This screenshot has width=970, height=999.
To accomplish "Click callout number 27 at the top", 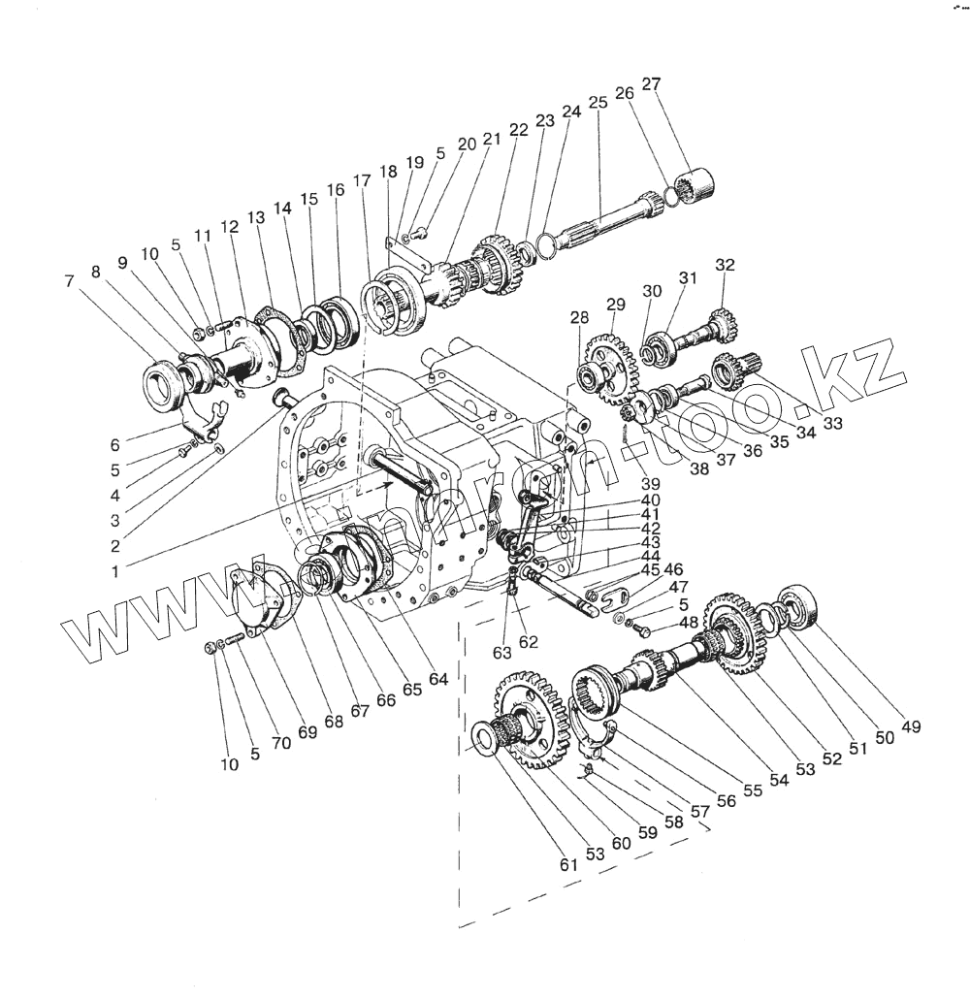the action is click(651, 83).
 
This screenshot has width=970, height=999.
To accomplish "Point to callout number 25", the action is click(598, 102).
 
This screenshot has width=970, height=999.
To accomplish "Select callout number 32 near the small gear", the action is click(726, 264).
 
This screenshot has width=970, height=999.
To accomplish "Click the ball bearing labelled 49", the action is click(801, 604).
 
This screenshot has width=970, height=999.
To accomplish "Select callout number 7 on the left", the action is click(69, 281).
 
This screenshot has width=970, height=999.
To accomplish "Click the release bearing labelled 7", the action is click(163, 380).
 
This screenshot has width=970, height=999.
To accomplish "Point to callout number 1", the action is click(115, 571).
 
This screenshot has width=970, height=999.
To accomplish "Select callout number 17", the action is click(362, 181).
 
